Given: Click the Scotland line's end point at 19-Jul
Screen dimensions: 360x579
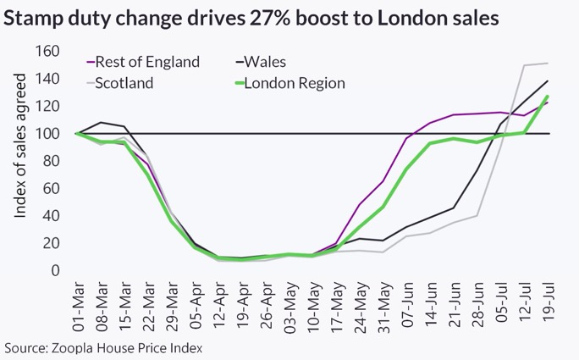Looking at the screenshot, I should point(547,64).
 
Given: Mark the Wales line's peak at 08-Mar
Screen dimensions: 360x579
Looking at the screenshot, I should point(102,123).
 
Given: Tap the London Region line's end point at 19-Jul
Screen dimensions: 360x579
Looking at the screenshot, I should point(547,97).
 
